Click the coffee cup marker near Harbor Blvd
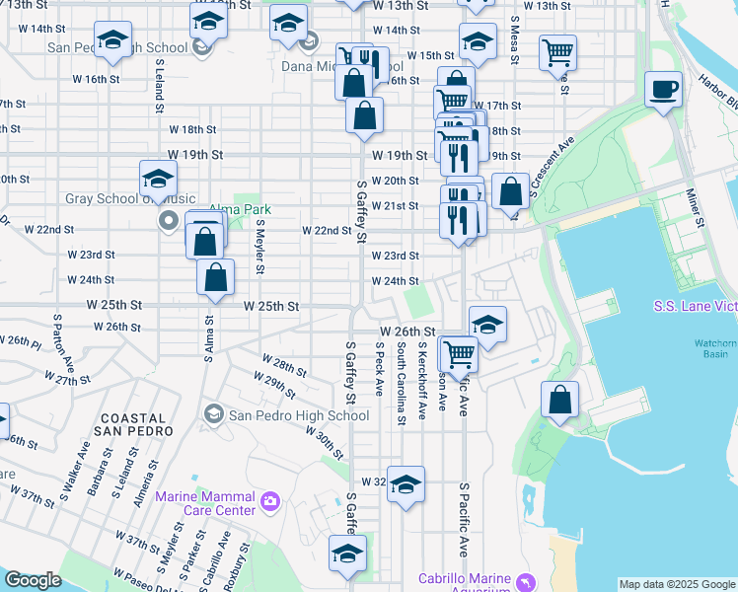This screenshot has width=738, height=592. (663, 91)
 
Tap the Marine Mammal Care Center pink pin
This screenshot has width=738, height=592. (270, 503)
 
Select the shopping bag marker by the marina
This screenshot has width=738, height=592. (559, 401)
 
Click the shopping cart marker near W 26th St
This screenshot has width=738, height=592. (458, 352)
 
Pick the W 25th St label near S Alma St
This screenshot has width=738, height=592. (271, 307)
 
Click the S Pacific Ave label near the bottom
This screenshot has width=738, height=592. (463, 520)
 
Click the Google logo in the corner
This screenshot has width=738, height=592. (33, 580)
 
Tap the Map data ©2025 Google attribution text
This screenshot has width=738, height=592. (677, 584)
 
